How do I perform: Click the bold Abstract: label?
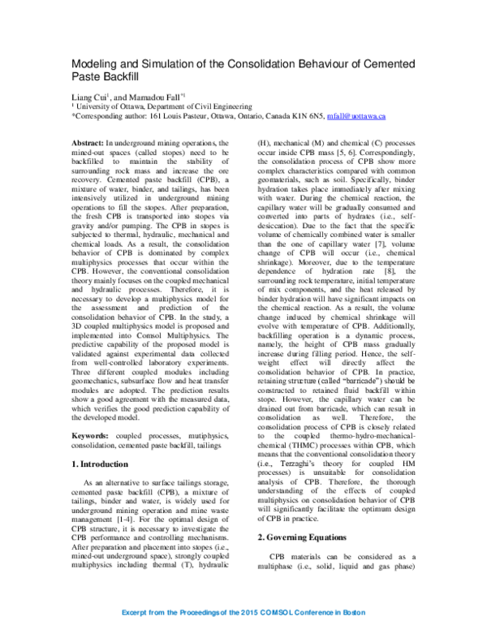click(x=88, y=143)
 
